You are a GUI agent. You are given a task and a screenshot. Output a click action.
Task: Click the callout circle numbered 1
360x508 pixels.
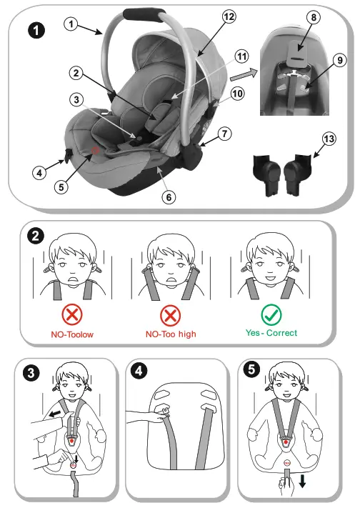pos(70,24)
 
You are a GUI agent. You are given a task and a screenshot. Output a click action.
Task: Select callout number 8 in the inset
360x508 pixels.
pos(314,16)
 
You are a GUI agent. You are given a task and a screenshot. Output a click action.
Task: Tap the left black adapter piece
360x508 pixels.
pos(267,174)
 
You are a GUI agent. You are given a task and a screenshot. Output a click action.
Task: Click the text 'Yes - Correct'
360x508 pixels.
pos(271,333)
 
